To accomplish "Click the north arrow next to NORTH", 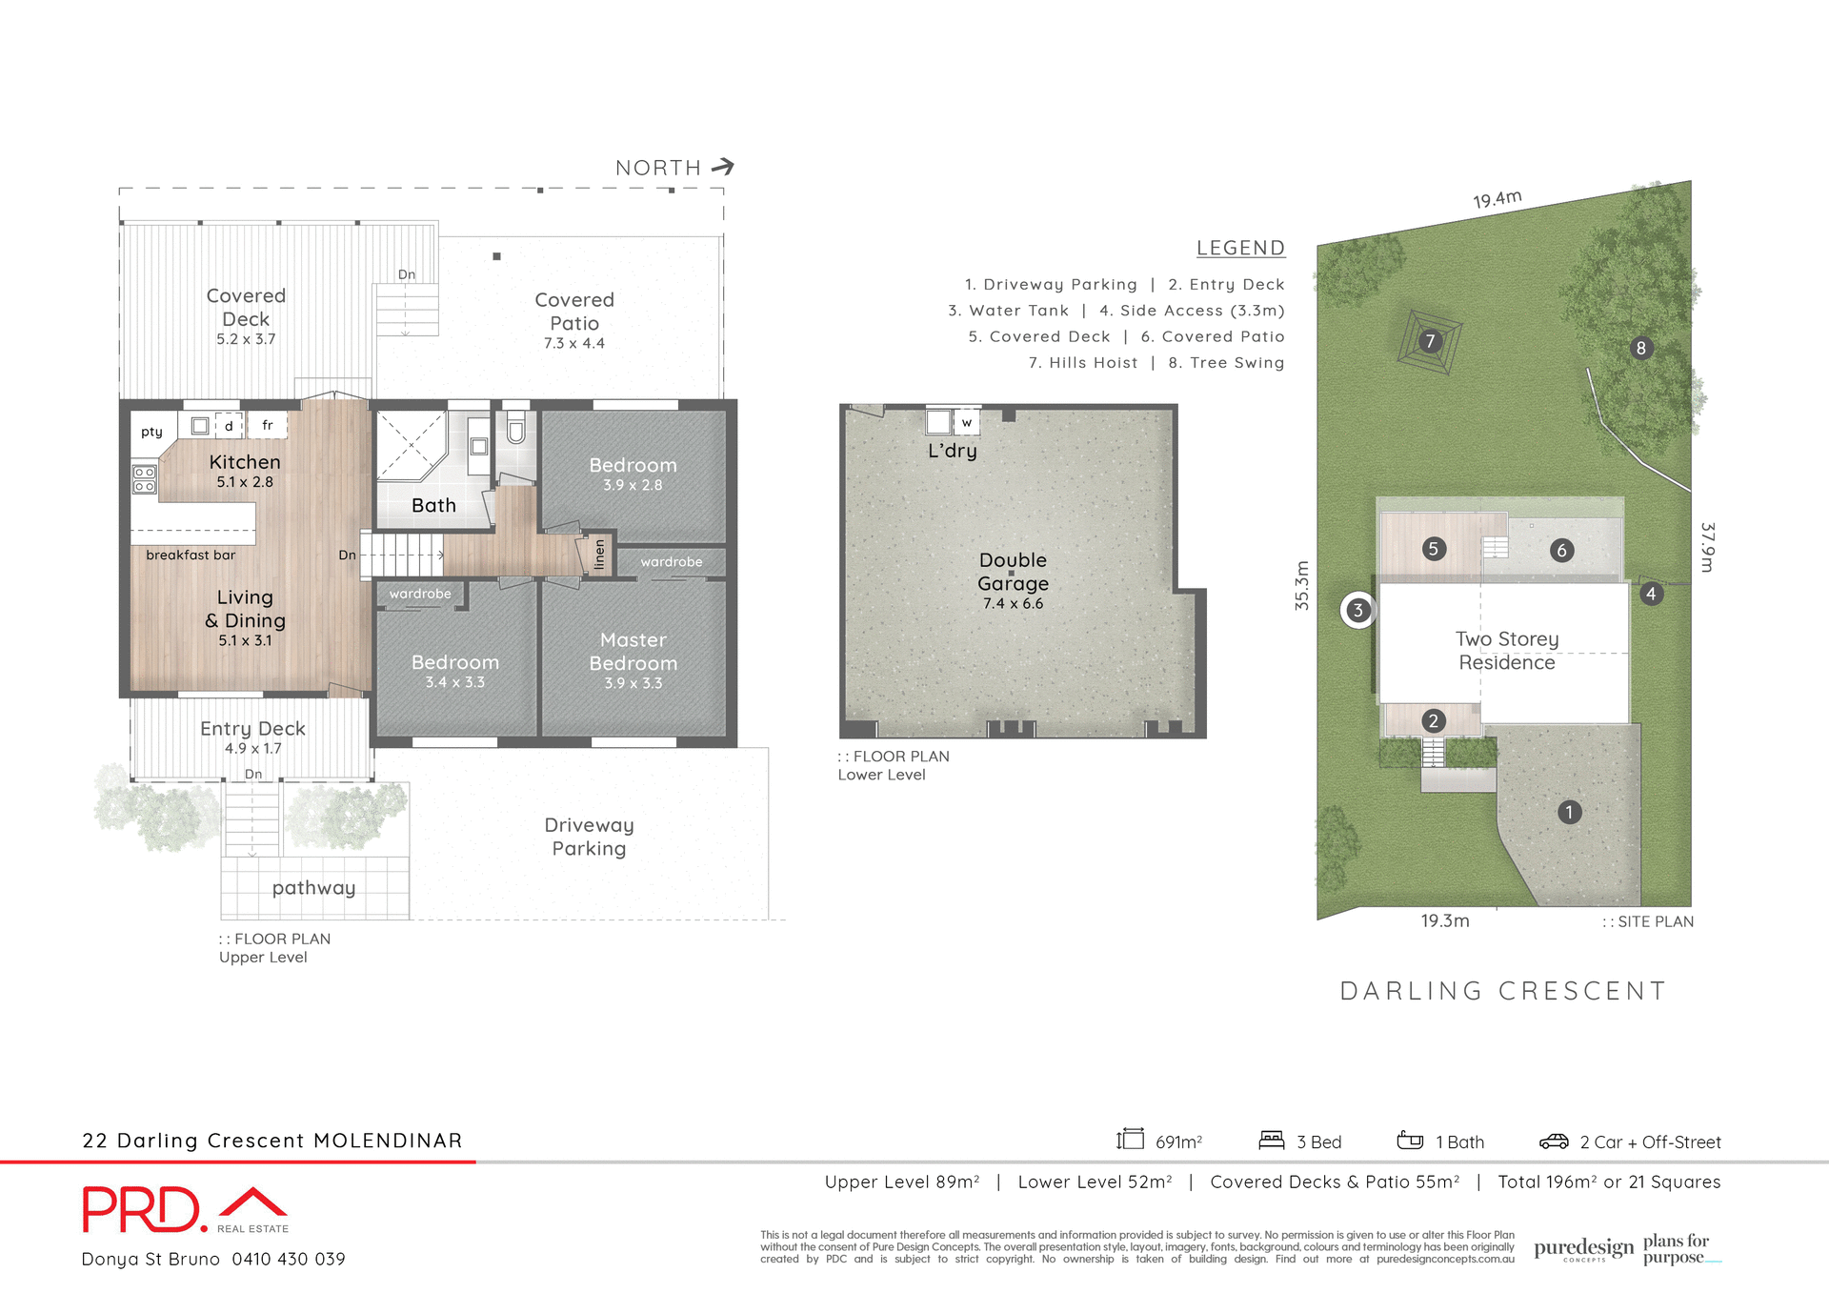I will click(x=723, y=167).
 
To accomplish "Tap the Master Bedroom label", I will click(x=633, y=652).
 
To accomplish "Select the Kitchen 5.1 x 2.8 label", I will click(x=245, y=470).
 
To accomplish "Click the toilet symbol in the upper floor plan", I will click(x=515, y=432).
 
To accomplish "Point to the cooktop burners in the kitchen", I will click(x=145, y=479).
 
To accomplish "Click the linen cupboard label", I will click(x=599, y=553).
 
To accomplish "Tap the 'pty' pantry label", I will click(x=151, y=432).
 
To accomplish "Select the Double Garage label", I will click(x=1013, y=572).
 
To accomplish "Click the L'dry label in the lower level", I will click(x=953, y=451).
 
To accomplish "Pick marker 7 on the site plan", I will click(x=1429, y=341).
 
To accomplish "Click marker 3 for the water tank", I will click(x=1358, y=610).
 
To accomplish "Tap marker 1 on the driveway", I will click(x=1569, y=812).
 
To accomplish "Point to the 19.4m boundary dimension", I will click(x=1497, y=199).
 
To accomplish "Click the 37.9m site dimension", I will click(x=1707, y=547).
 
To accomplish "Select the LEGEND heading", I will click(x=1240, y=248).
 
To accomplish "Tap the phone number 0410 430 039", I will click(x=289, y=1259).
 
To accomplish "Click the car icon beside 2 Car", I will click(x=1554, y=1141).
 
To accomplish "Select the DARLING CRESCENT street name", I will click(x=1503, y=991).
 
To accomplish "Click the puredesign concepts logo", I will click(x=1583, y=1249).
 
